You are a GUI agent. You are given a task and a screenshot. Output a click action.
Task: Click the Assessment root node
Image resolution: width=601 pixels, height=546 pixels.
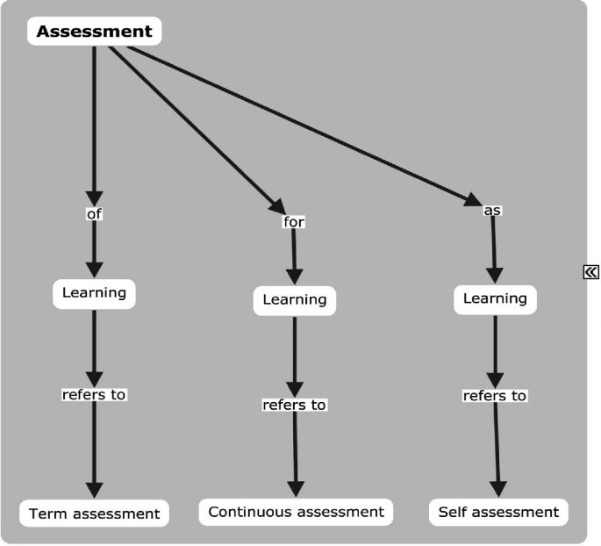(x=94, y=32)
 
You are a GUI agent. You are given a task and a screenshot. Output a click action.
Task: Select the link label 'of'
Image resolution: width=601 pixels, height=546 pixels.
(x=94, y=213)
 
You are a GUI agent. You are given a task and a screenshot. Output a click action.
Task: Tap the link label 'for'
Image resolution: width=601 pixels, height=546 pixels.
(x=293, y=222)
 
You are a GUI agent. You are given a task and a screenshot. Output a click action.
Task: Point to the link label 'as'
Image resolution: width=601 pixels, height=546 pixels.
(x=492, y=211)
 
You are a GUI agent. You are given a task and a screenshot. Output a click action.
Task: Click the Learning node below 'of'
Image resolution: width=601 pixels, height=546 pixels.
(x=94, y=292)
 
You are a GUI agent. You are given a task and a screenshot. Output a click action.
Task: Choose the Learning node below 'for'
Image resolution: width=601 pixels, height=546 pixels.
(x=294, y=299)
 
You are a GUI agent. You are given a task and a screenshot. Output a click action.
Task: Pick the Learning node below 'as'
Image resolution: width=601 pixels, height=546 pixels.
(x=495, y=298)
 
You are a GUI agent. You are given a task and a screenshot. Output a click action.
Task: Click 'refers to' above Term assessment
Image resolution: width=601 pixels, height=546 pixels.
(x=94, y=394)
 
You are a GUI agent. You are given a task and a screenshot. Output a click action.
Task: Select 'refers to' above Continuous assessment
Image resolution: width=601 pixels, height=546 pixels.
(x=295, y=405)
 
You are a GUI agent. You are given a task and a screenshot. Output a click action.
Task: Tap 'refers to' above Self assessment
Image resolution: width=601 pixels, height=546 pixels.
(x=495, y=396)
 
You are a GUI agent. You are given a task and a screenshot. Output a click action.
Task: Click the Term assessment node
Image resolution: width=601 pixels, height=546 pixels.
(x=94, y=513)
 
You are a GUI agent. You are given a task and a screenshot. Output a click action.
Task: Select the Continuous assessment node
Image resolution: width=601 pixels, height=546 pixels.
(x=296, y=511)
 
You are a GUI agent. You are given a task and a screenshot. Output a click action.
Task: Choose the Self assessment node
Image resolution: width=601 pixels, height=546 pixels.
(x=497, y=511)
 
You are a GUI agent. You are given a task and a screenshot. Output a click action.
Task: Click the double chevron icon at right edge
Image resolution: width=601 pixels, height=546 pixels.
(x=590, y=272)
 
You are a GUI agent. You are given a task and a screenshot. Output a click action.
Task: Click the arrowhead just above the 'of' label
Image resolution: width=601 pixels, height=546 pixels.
(x=94, y=198)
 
